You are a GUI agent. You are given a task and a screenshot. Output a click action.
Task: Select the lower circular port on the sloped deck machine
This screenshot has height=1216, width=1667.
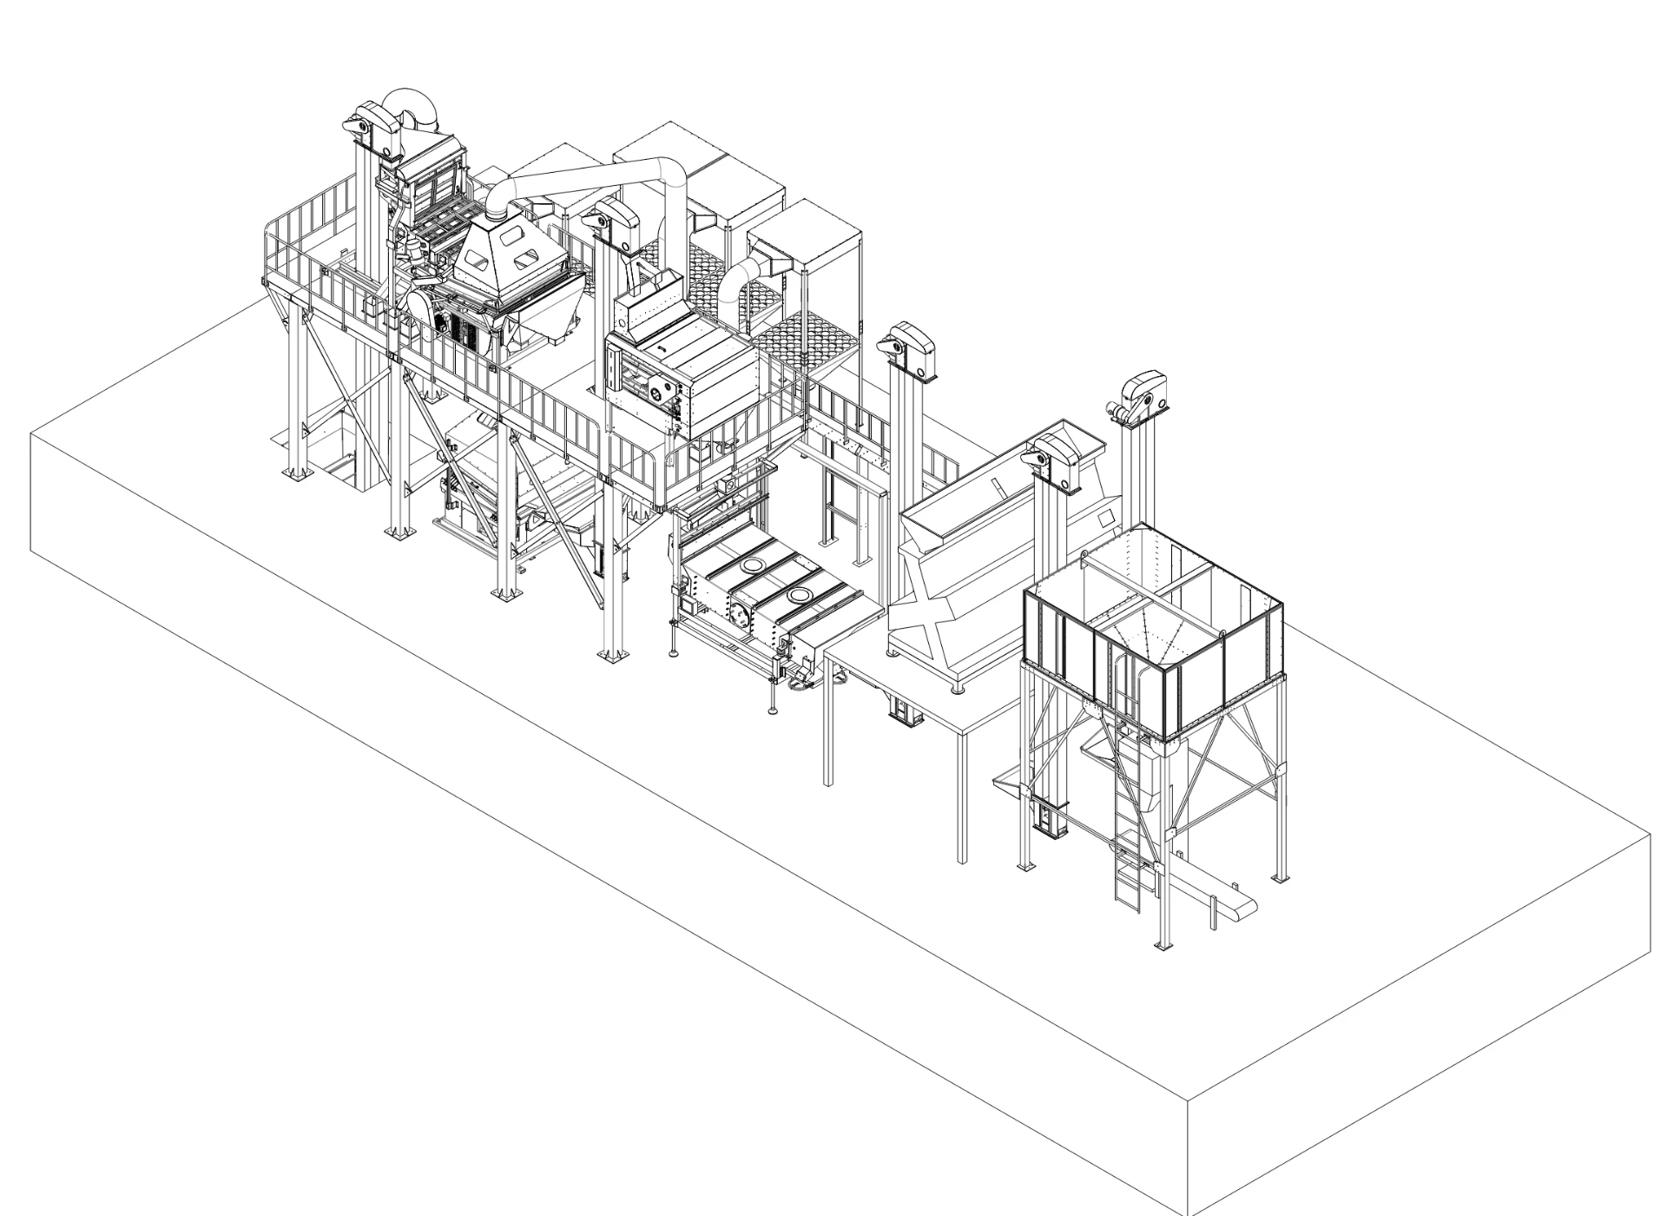coord(799,596)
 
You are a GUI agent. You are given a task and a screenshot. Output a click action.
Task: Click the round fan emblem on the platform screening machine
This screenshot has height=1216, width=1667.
coord(662,391)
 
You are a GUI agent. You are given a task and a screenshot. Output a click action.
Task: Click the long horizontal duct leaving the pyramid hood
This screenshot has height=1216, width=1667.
coord(590,174)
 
